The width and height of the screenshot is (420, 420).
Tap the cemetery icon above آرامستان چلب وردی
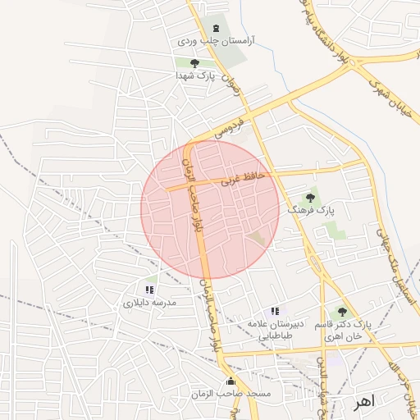[216, 27]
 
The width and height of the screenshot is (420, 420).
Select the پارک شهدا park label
[194, 75]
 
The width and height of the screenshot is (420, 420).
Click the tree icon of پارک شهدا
[194, 62]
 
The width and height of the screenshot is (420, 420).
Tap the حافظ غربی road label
[242, 178]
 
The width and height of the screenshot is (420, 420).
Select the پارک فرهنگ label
[311, 210]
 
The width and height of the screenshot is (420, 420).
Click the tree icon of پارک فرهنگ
[310, 198]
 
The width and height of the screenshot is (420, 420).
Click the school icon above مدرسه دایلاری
[149, 290]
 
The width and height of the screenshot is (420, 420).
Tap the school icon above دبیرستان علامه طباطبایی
[275, 311]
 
